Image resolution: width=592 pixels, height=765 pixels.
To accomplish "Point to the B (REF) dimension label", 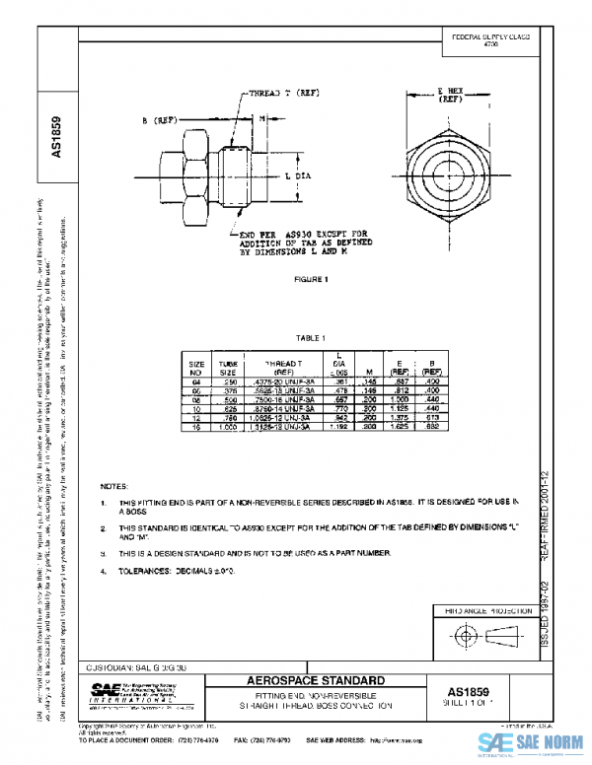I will click(159, 120).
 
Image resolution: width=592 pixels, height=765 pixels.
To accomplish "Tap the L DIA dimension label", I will click(296, 174).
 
